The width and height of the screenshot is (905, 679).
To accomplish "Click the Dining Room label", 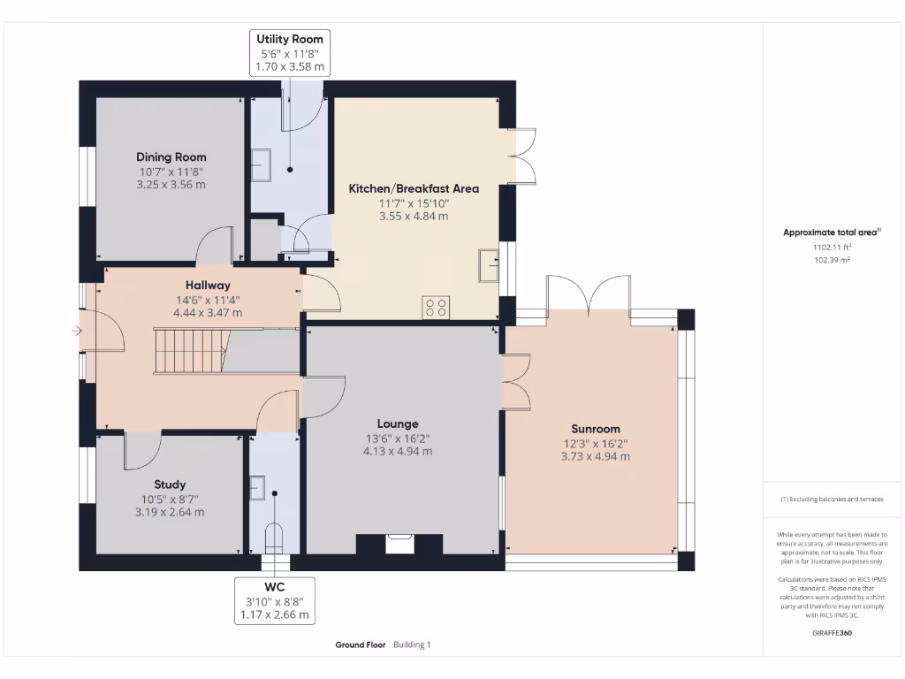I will (171, 156).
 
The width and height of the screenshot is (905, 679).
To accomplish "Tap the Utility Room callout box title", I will (290, 39).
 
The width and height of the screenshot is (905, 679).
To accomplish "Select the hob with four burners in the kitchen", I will (437, 306).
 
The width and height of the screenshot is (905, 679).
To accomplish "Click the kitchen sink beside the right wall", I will (489, 264).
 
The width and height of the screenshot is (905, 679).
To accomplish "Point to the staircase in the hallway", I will (188, 350).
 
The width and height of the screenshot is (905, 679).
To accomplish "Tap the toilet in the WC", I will (275, 536).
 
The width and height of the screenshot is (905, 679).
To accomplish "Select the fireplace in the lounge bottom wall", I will (399, 542).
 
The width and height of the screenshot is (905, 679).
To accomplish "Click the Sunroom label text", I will (595, 429).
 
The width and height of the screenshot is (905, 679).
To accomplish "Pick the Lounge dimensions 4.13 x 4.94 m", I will (398, 451).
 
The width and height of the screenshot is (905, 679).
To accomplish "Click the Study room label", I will (170, 484).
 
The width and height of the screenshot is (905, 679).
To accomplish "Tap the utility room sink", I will (262, 163).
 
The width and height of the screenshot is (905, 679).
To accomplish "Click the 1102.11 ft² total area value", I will (831, 248).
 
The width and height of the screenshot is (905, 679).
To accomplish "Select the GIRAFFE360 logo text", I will (832, 633).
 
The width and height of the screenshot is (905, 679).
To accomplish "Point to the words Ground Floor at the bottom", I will (361, 645).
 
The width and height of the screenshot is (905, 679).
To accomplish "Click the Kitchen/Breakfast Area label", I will (414, 188).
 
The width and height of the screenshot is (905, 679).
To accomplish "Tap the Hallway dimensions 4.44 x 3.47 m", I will (208, 313).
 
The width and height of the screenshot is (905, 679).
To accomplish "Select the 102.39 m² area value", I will (831, 260).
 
